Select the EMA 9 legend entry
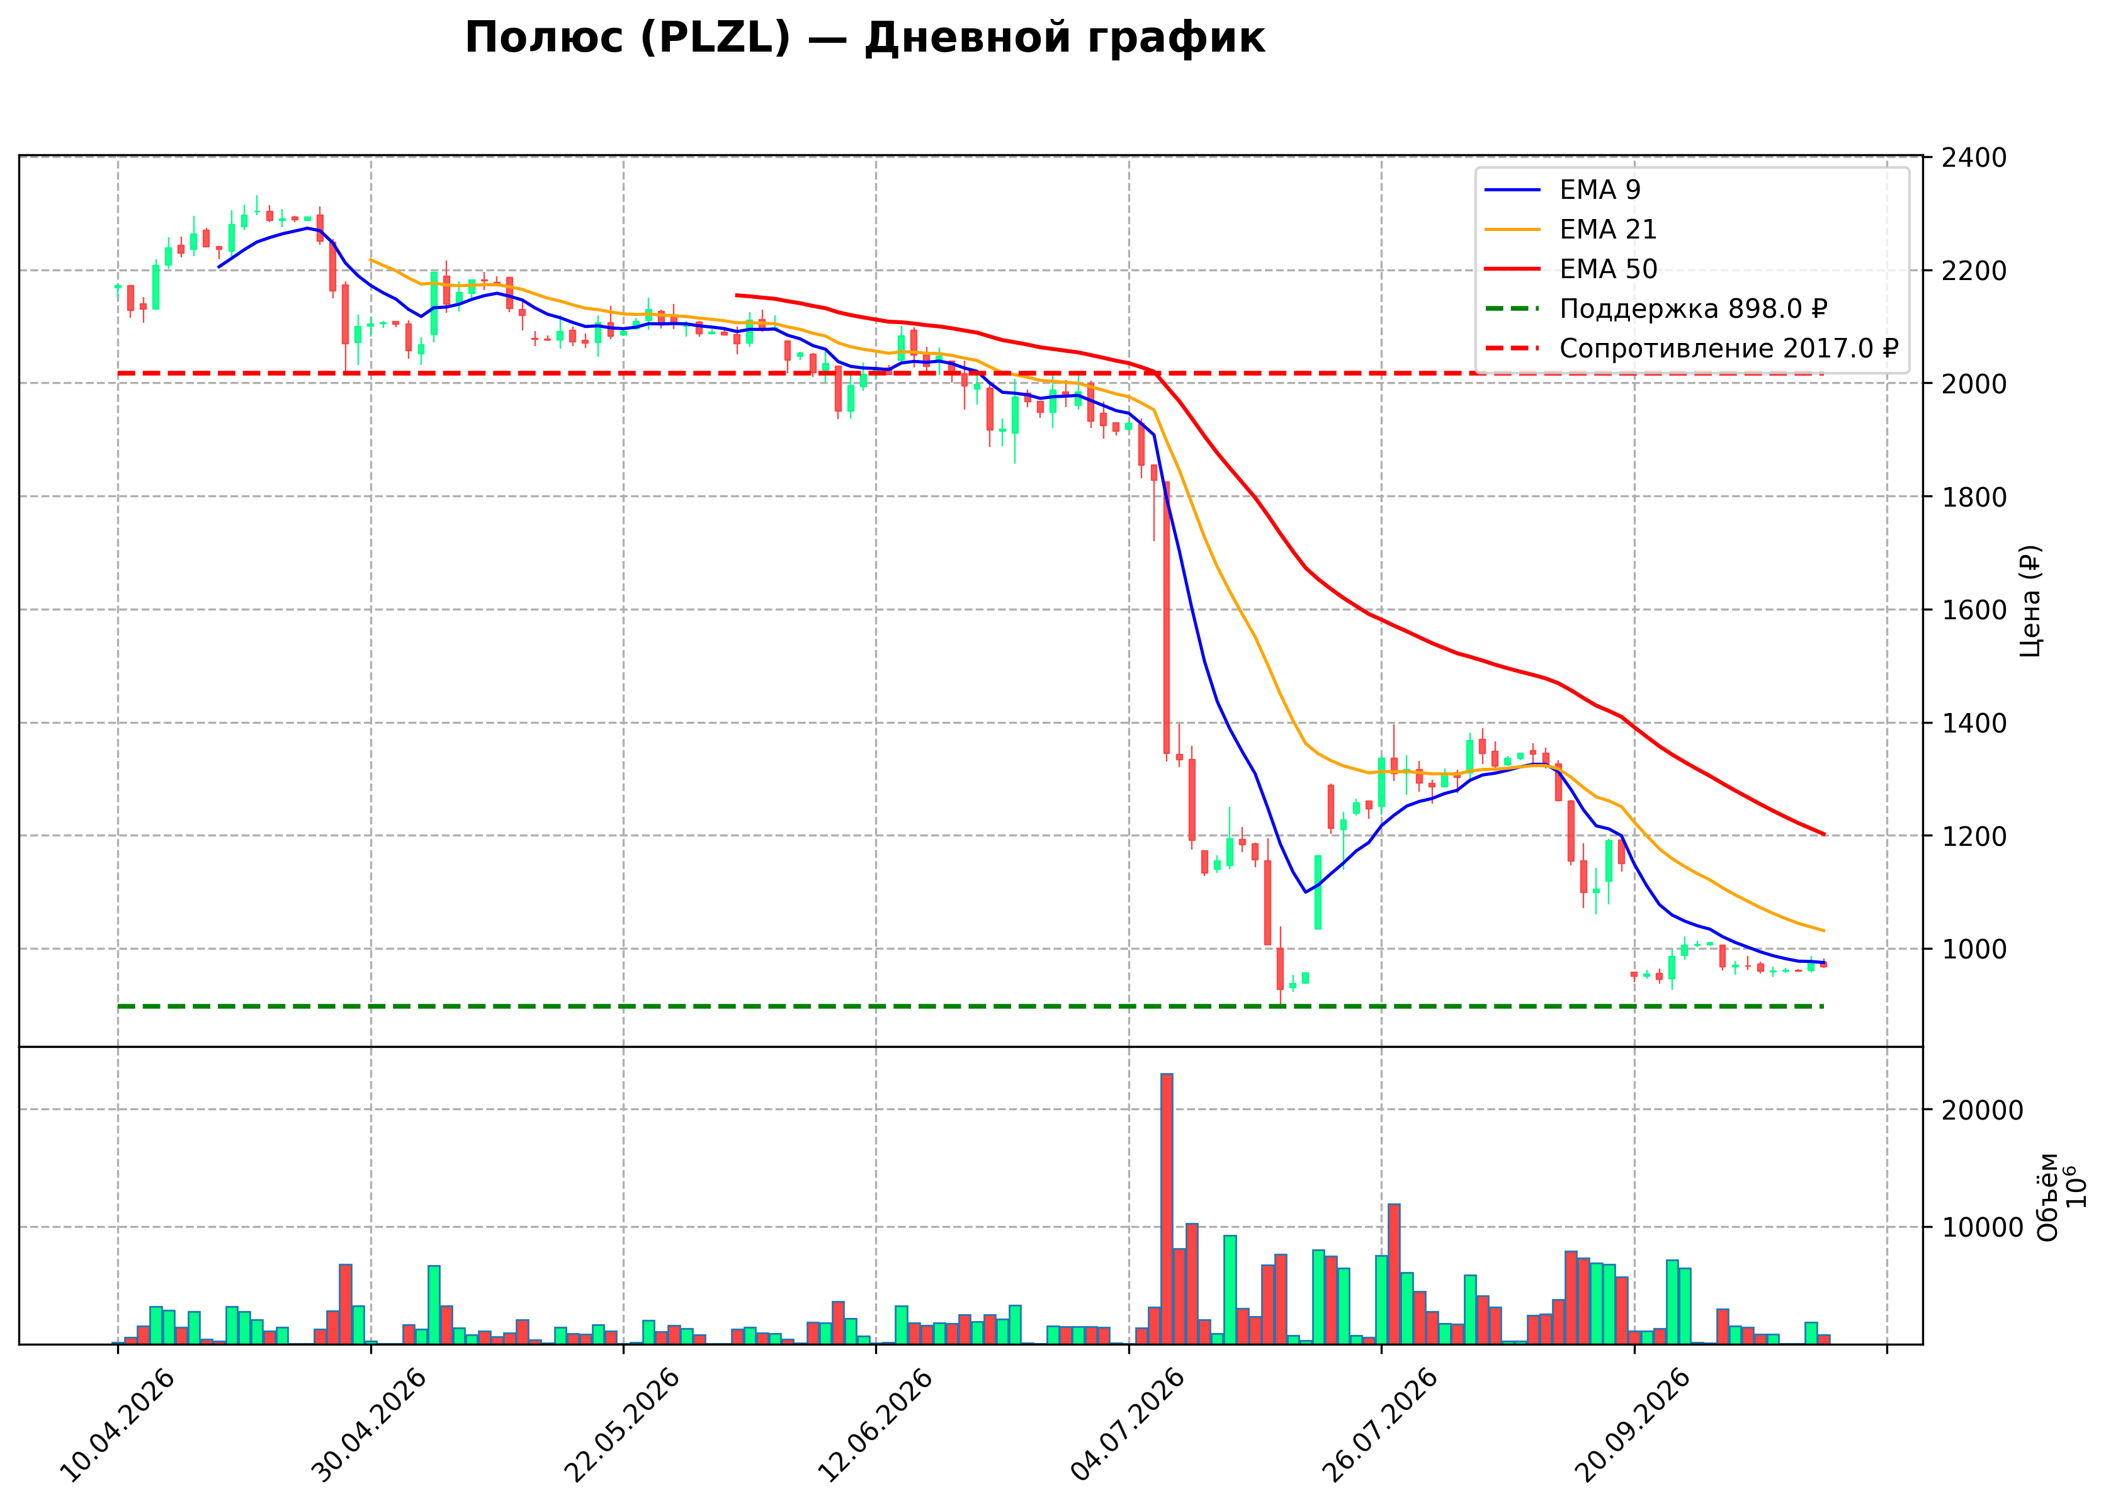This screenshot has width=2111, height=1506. coord(1562,190)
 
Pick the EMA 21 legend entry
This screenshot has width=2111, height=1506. coord(1570,229)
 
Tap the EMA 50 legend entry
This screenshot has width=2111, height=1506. coord(1570,269)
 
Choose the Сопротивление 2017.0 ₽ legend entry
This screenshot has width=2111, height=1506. coord(1692,349)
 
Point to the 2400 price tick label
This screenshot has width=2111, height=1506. coord(1974,157)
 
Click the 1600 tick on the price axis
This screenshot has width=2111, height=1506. coord(1974,610)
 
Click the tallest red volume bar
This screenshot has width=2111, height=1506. coord(1167,1209)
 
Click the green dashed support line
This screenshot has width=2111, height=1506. coord(970,1006)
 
